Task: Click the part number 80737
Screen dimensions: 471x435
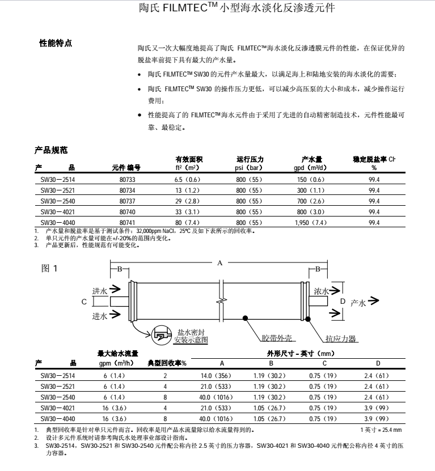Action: coord(127,201)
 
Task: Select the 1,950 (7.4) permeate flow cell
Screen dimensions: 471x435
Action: coord(311,223)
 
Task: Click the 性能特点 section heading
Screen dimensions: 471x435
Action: coord(55,43)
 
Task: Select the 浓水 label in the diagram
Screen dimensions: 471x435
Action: coord(321,291)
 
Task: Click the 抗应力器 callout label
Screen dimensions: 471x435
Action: coord(340,339)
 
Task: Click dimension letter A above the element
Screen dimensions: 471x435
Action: coord(219,262)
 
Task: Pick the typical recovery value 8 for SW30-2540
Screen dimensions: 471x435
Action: coord(165,397)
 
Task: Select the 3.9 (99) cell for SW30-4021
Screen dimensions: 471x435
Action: coord(377,408)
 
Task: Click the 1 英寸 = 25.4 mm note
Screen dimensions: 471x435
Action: coord(381,430)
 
